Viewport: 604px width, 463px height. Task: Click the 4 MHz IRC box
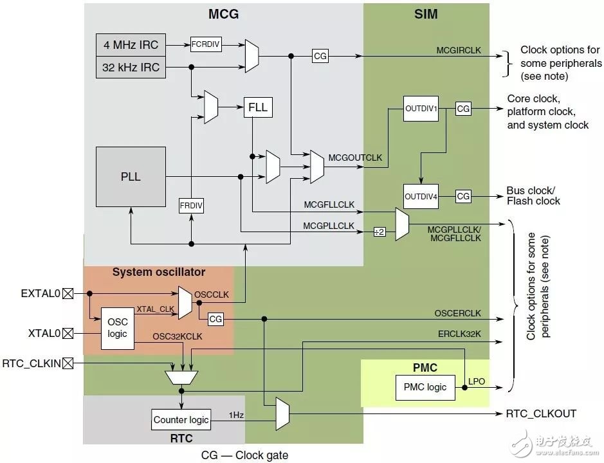pyautogui.click(x=131, y=45)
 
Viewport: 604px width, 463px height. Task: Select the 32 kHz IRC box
pyautogui.click(x=131, y=67)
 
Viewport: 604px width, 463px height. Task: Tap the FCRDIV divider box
pyautogui.click(x=205, y=44)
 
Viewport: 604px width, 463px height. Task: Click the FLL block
pyautogui.click(x=258, y=107)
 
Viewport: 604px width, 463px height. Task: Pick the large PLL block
pyautogui.click(x=131, y=176)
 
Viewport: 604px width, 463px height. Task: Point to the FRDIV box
pyautogui.click(x=191, y=206)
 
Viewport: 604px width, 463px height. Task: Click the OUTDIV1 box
pyautogui.click(x=421, y=109)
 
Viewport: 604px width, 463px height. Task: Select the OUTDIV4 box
pyautogui.click(x=421, y=196)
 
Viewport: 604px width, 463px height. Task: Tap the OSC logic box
pyautogui.click(x=118, y=328)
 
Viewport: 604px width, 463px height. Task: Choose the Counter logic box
pyautogui.click(x=181, y=420)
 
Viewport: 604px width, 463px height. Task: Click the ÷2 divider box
pyautogui.click(x=380, y=232)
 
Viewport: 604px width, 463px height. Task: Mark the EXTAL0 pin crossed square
pyautogui.click(x=68, y=293)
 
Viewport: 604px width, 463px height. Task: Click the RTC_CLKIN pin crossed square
pyautogui.click(x=68, y=364)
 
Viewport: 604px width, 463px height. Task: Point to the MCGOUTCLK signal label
pyautogui.click(x=355, y=157)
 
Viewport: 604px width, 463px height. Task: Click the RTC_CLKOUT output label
pyautogui.click(x=542, y=413)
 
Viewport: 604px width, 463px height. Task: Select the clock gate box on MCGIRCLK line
pyautogui.click(x=320, y=56)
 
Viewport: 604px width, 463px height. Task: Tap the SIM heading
pyautogui.click(x=426, y=14)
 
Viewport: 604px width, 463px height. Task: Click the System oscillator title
pyautogui.click(x=159, y=272)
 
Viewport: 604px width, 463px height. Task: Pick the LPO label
pyautogui.click(x=477, y=381)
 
